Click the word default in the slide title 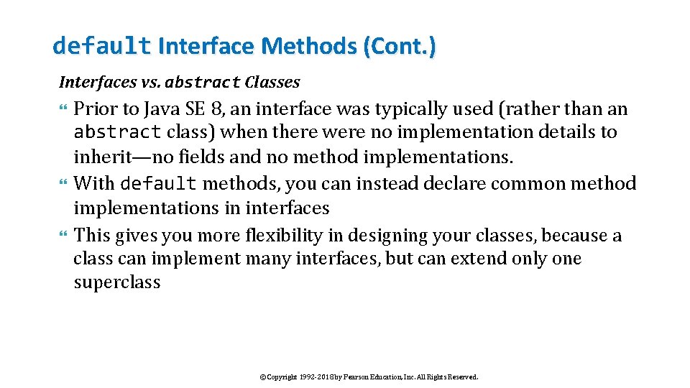[x=101, y=47]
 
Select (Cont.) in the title [x=399, y=47]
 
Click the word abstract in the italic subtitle [x=202, y=83]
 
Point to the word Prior [x=93, y=109]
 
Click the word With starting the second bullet [x=94, y=184]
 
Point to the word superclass [x=117, y=282]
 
